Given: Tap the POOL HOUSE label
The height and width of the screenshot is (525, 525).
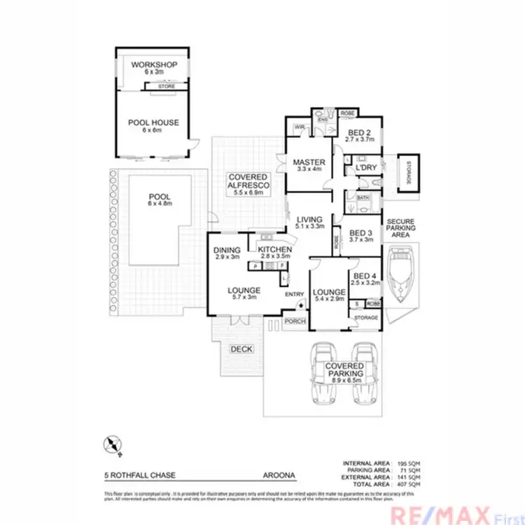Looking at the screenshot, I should pyautogui.click(x=153, y=122).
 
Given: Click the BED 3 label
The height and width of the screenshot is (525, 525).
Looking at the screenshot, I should pyautogui.click(x=359, y=233).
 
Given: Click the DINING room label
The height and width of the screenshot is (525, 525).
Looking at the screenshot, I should pyautogui.click(x=227, y=250).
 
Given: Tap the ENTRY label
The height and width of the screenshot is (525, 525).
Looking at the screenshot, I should pyautogui.click(x=294, y=294).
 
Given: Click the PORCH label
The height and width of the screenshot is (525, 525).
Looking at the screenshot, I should pyautogui.click(x=295, y=321).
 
